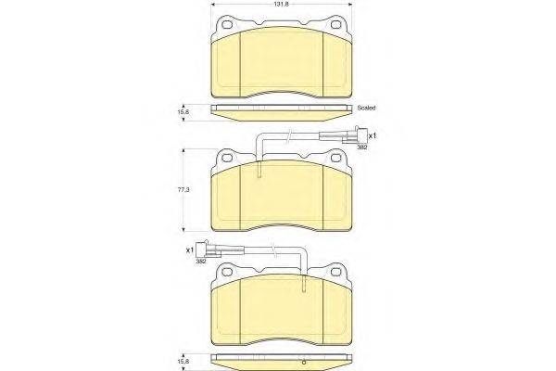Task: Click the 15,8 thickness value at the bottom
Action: click(184, 358)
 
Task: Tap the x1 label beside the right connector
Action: click(372, 135)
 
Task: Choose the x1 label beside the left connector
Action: click(190, 250)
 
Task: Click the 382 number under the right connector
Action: click(362, 148)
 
